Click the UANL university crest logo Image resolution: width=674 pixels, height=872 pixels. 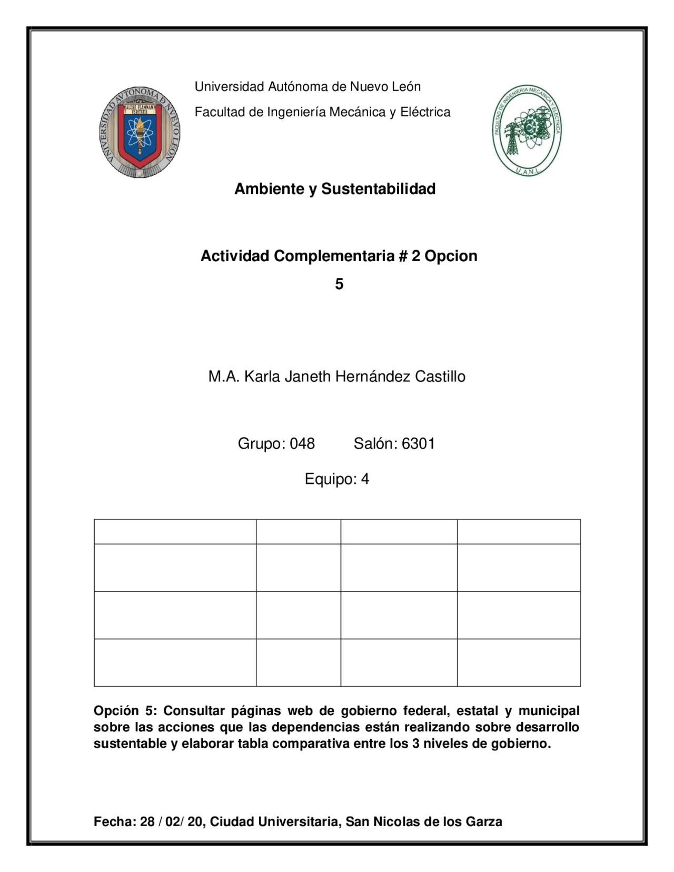point(140,132)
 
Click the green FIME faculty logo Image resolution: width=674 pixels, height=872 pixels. point(527,130)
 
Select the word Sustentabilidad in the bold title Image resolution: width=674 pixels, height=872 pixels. point(378,189)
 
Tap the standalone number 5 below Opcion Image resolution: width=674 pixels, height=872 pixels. point(339,284)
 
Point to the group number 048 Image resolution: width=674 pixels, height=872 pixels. point(302,443)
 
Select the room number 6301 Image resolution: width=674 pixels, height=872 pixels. point(418,443)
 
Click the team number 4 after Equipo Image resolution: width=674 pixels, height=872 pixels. point(365,479)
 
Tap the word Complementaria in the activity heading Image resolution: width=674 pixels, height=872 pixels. point(334,256)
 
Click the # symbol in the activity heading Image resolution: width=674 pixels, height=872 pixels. point(403,256)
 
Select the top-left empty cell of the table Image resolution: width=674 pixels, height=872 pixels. point(175,531)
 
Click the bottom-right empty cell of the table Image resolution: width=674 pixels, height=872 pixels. point(519,662)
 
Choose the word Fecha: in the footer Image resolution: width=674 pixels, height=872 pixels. point(114,821)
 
